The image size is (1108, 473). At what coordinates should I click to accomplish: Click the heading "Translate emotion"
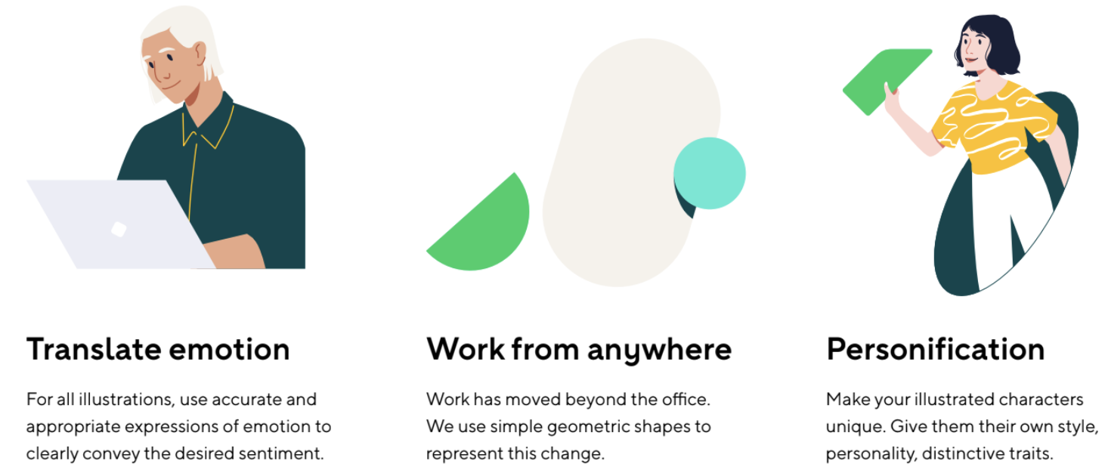click(158, 349)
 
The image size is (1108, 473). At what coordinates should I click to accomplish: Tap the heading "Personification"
click(936, 349)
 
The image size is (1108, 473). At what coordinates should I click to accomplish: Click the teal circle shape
click(710, 174)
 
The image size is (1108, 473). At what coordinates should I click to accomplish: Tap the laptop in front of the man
click(119, 224)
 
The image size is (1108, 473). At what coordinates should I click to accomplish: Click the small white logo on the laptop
click(119, 230)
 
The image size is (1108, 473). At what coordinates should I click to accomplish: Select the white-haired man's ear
click(200, 55)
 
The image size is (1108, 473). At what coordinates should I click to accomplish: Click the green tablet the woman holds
click(887, 82)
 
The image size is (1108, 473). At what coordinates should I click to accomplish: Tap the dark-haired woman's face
click(974, 49)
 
